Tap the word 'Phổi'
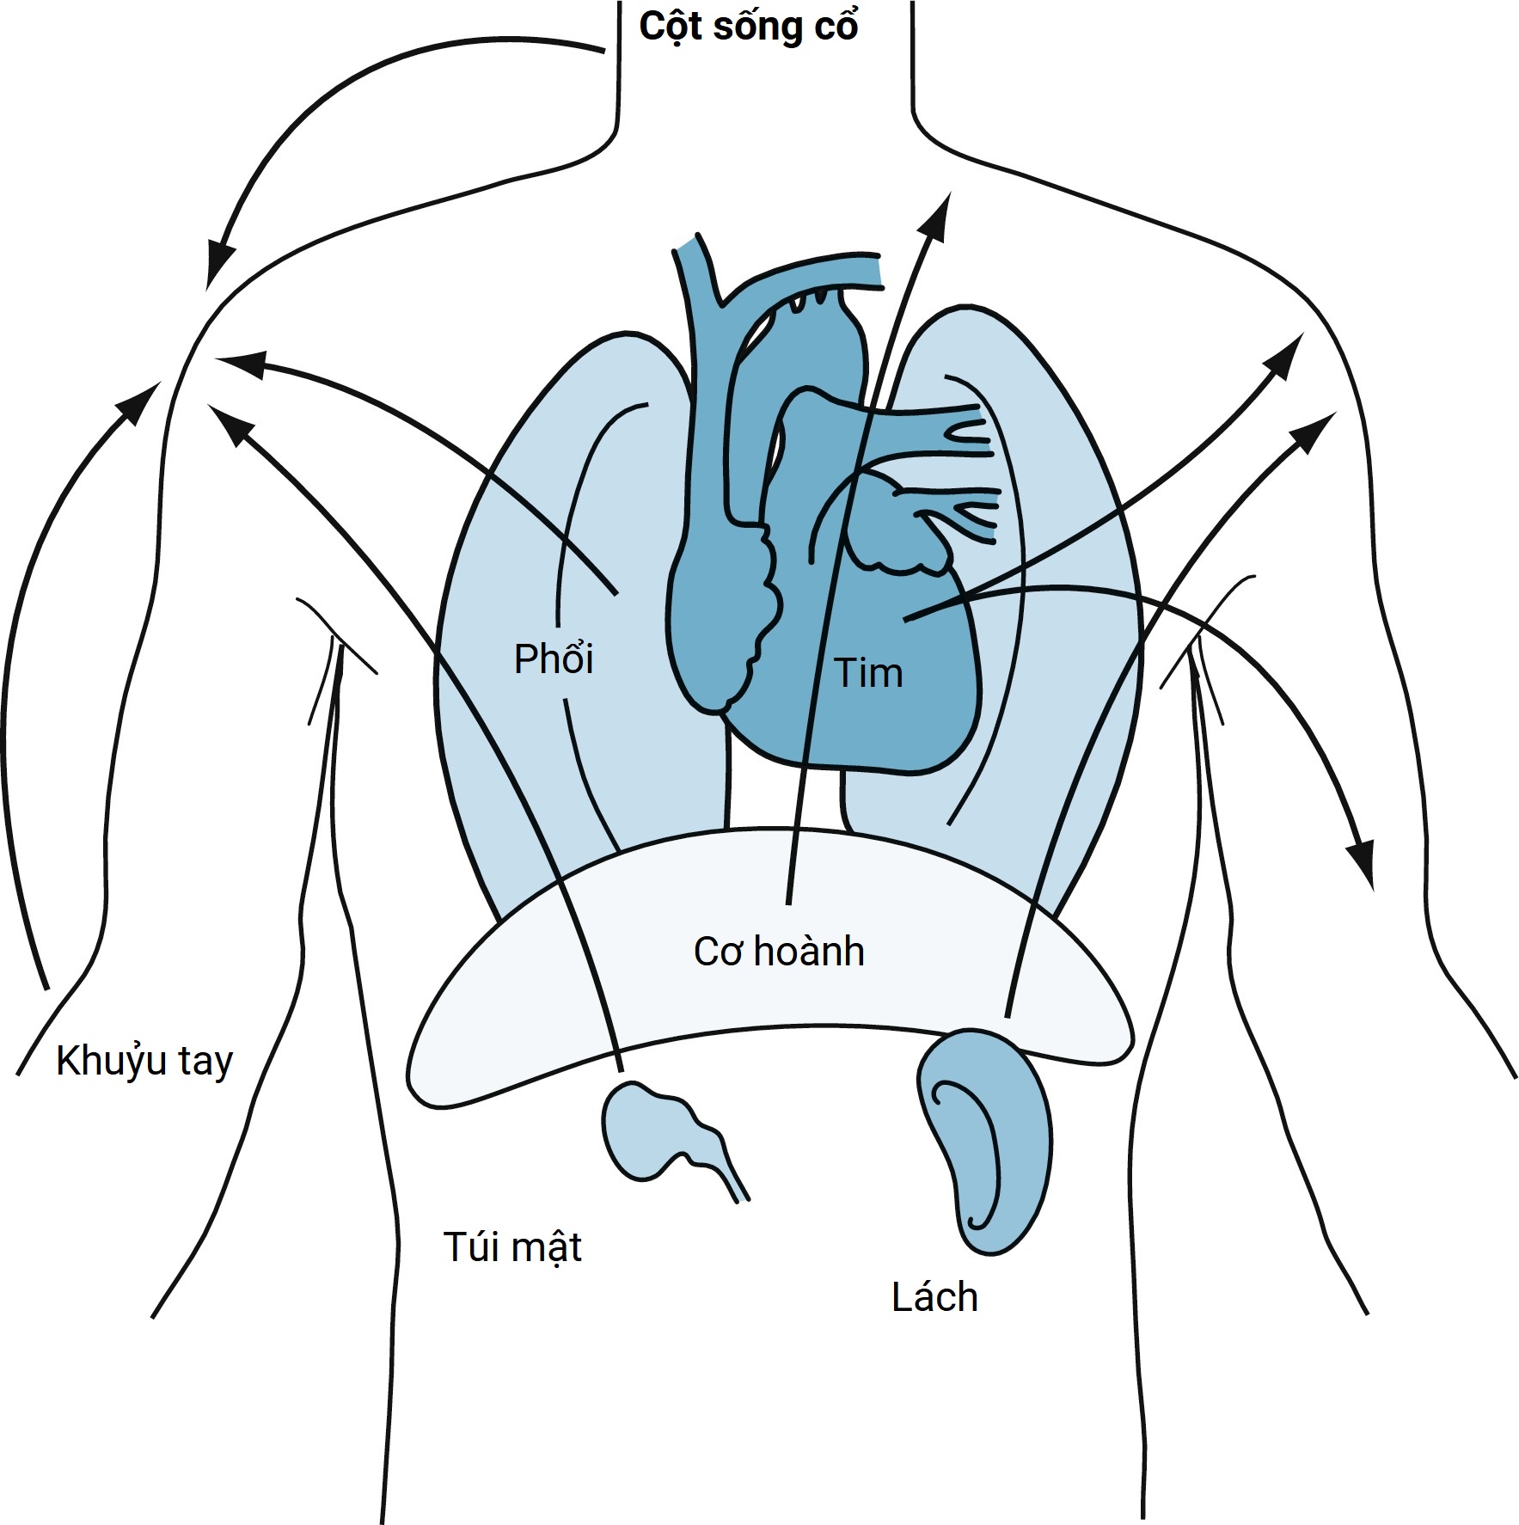tap(554, 659)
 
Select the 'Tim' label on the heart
tap(868, 673)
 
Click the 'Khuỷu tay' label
tap(144, 1062)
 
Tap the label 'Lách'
tap(934, 1298)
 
